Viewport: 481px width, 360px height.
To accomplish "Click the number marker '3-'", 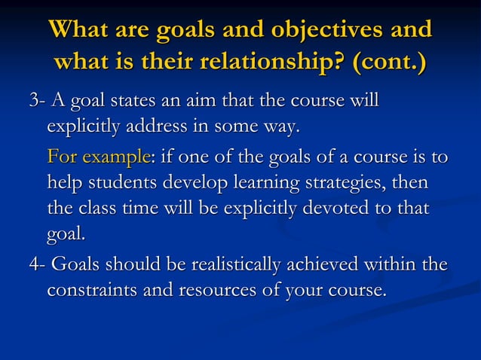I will coord(35,100).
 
